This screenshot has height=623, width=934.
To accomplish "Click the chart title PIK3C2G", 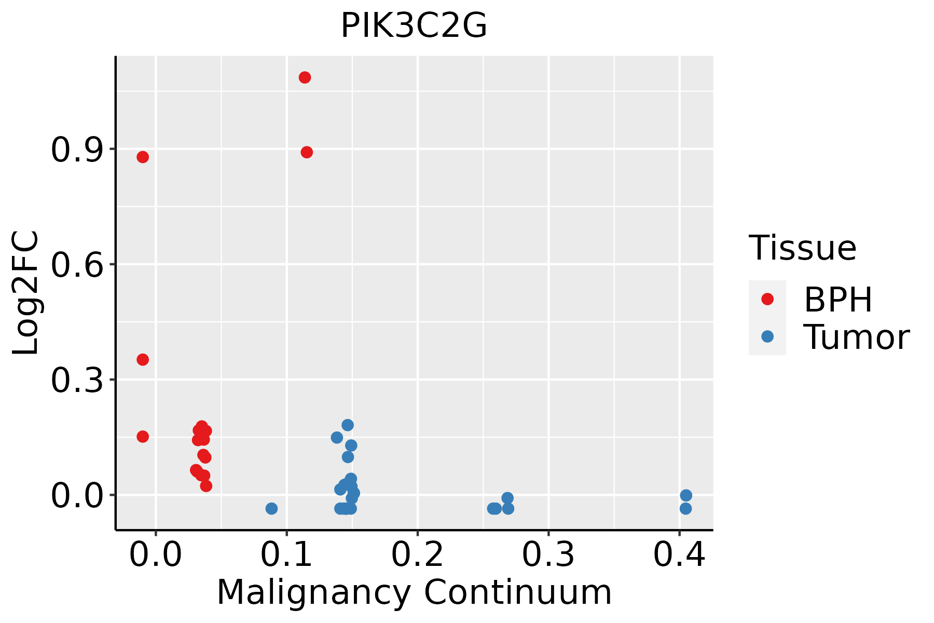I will tap(414, 26).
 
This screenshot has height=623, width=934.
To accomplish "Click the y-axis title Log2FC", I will tap(26, 293).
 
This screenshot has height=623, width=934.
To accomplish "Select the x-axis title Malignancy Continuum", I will tap(414, 593).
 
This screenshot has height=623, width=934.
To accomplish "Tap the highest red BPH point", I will tap(305, 78).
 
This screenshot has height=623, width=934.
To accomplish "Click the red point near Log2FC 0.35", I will tap(143, 360).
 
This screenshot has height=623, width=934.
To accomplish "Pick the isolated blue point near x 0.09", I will tap(271, 509).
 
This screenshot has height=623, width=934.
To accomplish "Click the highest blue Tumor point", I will tap(348, 425).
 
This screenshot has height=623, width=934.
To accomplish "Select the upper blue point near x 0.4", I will tap(686, 495).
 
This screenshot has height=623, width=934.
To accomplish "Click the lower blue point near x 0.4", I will tap(685, 509).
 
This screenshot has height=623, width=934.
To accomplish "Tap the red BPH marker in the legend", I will tap(767, 299).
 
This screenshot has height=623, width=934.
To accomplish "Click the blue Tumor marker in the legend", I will tap(767, 336).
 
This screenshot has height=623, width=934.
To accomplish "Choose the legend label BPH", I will tap(838, 300).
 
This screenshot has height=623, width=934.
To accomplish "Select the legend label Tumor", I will tap(856, 337).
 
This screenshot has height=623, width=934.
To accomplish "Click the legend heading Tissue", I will tap(802, 248).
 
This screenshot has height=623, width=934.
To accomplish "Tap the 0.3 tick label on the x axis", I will tap(548, 555).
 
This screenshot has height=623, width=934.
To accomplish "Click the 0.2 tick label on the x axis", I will tap(417, 555).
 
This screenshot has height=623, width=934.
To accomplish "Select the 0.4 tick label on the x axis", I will tap(679, 555).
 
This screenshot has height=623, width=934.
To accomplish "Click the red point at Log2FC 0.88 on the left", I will tap(143, 157).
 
